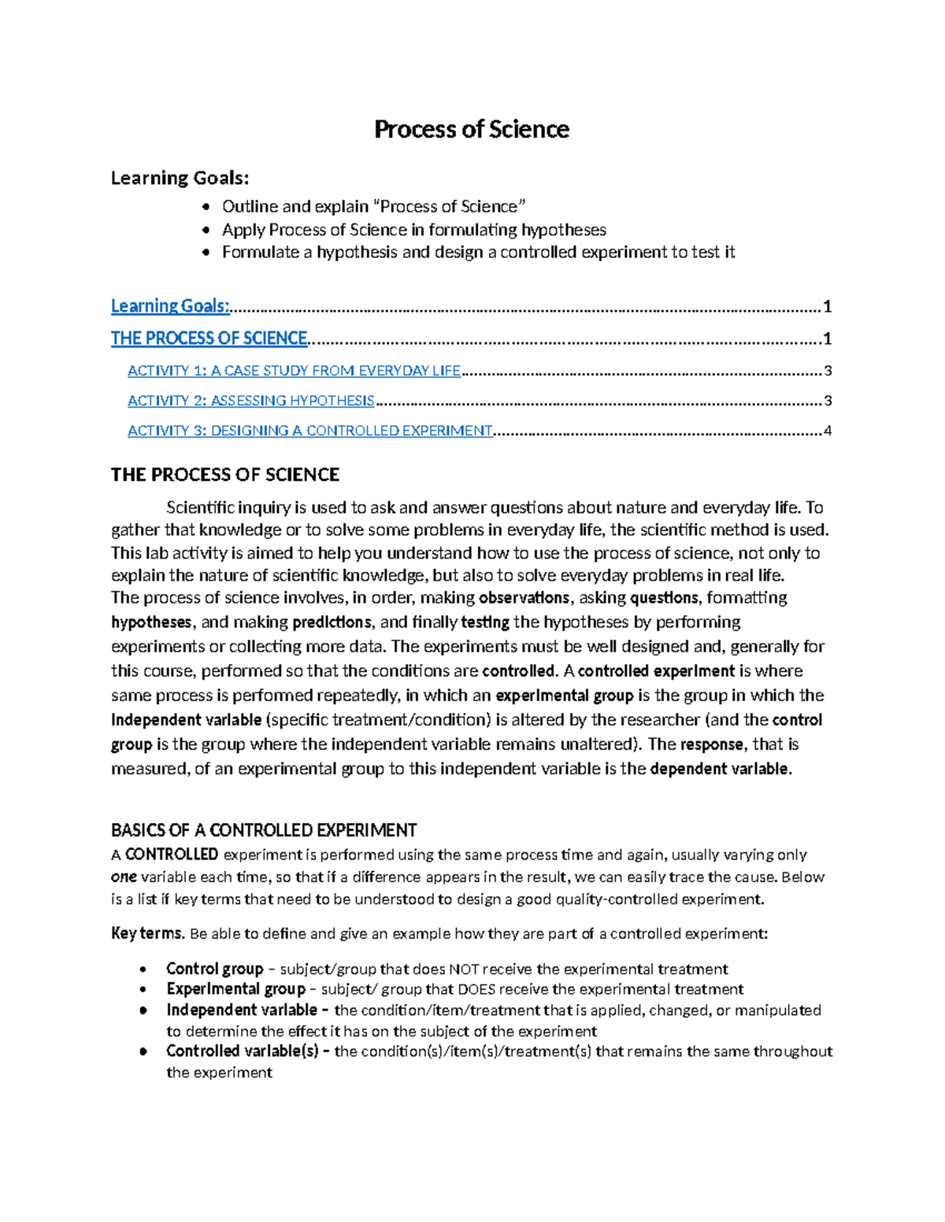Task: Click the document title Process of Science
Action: [x=471, y=129]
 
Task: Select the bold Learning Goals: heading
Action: [x=180, y=178]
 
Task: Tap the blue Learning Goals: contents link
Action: [x=170, y=306]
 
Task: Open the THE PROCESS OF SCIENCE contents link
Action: [x=209, y=338]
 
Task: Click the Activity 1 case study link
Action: [x=294, y=371]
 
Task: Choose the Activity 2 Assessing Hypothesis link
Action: [x=250, y=401]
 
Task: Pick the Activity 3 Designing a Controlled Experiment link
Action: [x=309, y=430]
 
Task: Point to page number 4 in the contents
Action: [x=827, y=430]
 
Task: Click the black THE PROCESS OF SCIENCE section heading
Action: [x=224, y=474]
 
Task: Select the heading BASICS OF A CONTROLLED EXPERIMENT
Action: [x=263, y=830]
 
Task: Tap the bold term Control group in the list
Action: [x=214, y=969]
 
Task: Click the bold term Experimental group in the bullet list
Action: [x=235, y=989]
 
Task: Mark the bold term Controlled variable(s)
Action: [x=241, y=1051]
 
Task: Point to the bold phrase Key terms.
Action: [x=147, y=934]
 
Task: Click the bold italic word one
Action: [x=124, y=877]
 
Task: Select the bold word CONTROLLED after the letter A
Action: [x=172, y=855]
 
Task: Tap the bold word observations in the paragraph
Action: [x=524, y=598]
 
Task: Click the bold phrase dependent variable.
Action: [x=719, y=769]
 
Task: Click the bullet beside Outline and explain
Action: [x=206, y=207]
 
